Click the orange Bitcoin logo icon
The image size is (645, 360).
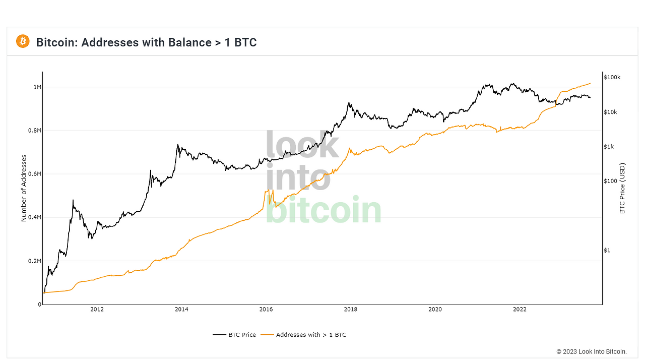point(23,41)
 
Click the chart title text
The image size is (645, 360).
point(146,42)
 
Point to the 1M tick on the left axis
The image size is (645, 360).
point(37,87)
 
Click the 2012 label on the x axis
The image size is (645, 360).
point(97,310)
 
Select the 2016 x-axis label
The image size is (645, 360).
point(266,310)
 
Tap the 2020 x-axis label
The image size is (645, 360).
point(435,310)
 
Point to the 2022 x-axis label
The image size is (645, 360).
point(520,310)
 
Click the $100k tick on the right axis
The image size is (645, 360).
point(612,77)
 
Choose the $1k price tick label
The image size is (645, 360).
point(609,147)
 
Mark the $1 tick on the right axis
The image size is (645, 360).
point(607,251)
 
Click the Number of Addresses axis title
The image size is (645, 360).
point(24,188)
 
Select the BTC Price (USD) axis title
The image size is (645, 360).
point(622,188)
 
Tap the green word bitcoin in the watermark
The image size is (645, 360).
point(323,210)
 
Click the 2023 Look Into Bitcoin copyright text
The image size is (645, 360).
point(591,351)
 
